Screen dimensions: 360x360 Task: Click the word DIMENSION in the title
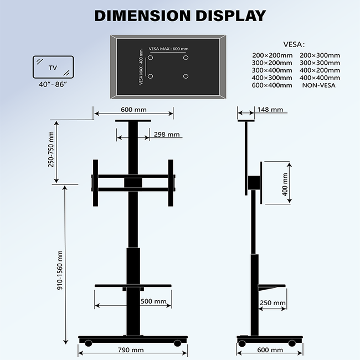141,16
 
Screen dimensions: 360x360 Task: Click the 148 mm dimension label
271,110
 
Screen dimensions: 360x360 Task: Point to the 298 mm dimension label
167,135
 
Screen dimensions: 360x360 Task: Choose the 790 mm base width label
131,350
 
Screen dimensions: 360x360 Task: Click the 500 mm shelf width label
153,302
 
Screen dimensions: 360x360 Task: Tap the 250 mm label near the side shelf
272,303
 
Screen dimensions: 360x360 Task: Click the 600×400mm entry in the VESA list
271,85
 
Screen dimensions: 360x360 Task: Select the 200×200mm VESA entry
271,55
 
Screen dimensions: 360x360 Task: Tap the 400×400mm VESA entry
320,78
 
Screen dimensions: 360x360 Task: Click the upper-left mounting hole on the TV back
150,57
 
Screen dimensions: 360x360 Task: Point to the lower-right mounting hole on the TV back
186,76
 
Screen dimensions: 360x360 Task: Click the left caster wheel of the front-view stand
88,343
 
